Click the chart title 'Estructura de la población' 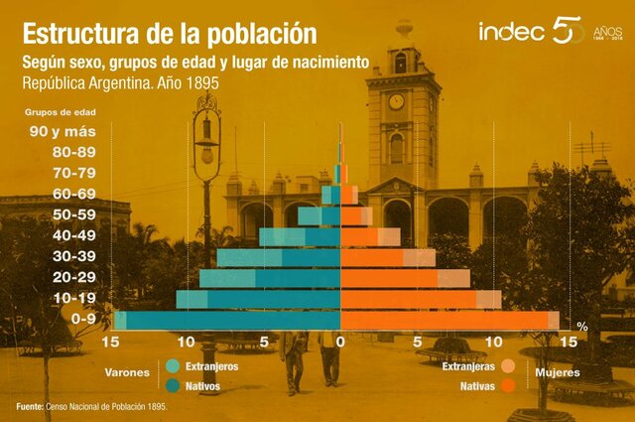coord(169,33)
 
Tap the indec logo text coord(511,32)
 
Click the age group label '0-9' coord(84,319)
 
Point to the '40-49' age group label coord(76,235)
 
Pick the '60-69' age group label coord(76,194)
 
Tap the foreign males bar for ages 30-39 coord(249,257)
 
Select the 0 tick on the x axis coord(340,342)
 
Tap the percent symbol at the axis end coord(582,326)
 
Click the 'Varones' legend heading coord(130,374)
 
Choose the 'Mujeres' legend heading coord(557,374)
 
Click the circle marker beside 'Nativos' coord(174,384)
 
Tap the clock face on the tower coord(396,101)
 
